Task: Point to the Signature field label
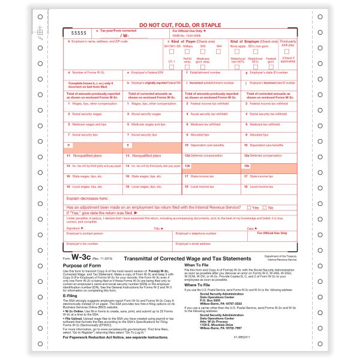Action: pos(73,229)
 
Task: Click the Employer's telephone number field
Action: pos(207,236)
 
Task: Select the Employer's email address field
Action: pos(207,247)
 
